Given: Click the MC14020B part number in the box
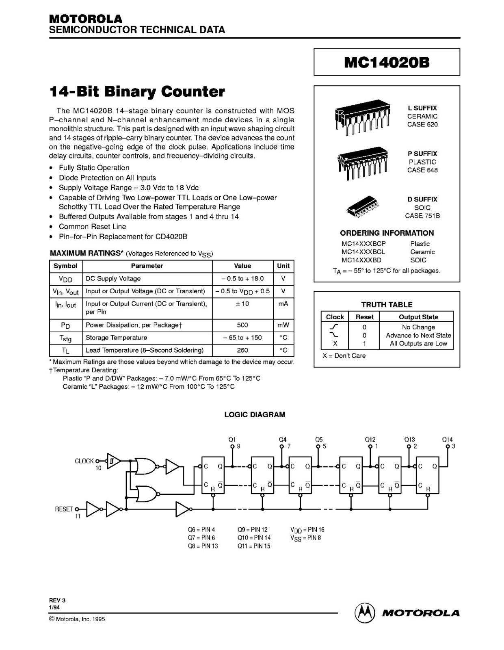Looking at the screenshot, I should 387,62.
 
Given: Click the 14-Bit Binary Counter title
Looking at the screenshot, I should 137,91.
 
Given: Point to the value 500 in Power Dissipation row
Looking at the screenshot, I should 242,325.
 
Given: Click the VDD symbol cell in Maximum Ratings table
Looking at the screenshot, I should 65,279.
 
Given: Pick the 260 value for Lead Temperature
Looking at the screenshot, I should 242,350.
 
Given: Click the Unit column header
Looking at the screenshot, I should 283,266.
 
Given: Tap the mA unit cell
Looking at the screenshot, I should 283,303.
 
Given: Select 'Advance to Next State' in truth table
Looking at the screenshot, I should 418,335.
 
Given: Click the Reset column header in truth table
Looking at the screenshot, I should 364,317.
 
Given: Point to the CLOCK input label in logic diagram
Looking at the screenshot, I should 84,461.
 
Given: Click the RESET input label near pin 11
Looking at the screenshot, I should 64,509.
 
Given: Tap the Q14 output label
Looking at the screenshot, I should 447,440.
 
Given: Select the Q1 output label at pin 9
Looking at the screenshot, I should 232,440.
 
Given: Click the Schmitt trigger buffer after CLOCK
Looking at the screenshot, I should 113,461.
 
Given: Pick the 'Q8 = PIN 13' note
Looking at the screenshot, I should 203,546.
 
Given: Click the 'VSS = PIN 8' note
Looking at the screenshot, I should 305,538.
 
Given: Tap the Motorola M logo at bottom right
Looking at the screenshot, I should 364,612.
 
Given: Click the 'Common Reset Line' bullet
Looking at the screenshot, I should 92,227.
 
